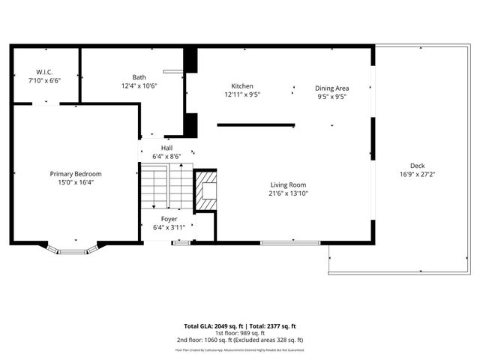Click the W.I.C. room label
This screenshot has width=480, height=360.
coord(44,71)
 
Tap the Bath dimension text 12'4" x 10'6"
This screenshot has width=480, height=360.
coord(139,85)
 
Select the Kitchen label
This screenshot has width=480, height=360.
coord(241,86)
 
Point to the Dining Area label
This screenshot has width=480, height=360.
coord(331,88)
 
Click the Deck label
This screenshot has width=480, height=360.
coord(417,166)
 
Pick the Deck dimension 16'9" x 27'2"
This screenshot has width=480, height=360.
coord(417,174)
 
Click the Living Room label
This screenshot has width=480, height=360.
coord(288,184)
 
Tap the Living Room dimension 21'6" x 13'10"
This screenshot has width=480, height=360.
coord(288,193)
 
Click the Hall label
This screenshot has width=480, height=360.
coord(166,148)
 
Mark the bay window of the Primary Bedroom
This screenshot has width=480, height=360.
coord(74,248)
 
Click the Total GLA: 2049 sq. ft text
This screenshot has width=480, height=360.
coord(210,326)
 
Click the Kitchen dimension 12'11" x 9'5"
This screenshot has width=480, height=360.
coord(241,95)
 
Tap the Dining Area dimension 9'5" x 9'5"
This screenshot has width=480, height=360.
coord(331,96)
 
